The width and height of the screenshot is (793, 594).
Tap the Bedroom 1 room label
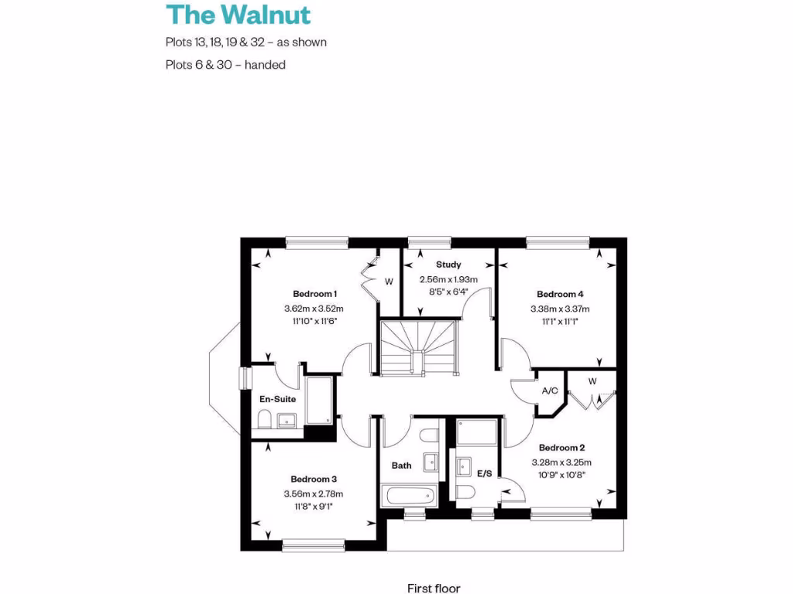pyautogui.click(x=314, y=294)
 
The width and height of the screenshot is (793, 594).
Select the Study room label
pyautogui.click(x=448, y=265)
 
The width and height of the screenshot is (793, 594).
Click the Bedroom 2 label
pyautogui.click(x=561, y=448)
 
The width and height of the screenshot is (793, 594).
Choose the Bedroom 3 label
pyautogui.click(x=314, y=480)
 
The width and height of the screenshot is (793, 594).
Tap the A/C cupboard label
pyautogui.click(x=550, y=391)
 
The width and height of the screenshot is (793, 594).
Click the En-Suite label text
pyautogui.click(x=278, y=399)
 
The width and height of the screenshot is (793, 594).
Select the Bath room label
pyautogui.click(x=401, y=466)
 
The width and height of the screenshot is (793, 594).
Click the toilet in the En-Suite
pyautogui.click(x=263, y=421)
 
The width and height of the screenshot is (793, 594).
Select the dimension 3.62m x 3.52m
pyautogui.click(x=314, y=308)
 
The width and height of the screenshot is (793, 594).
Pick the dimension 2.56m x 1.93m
pyautogui.click(x=448, y=279)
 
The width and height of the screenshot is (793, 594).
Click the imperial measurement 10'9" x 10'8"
pyautogui.click(x=561, y=475)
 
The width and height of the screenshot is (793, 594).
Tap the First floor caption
pyautogui.click(x=434, y=589)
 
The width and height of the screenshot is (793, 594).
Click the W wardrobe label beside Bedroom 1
pyautogui.click(x=389, y=282)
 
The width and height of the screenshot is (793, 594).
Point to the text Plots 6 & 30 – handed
pyautogui.click(x=225, y=65)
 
